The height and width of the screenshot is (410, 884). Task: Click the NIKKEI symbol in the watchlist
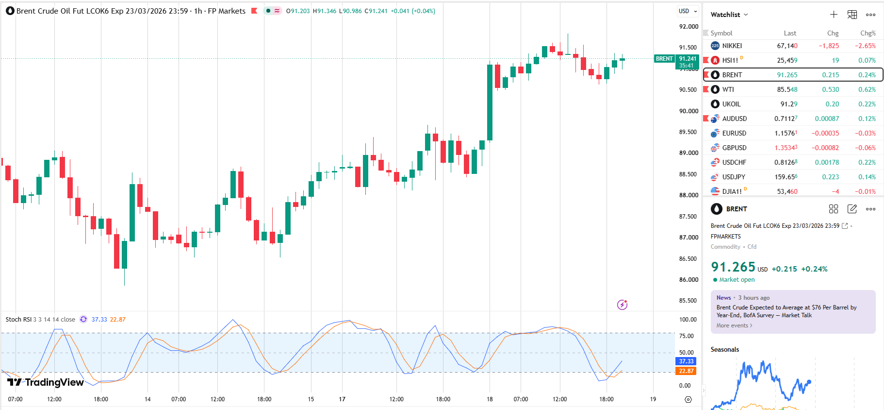(x=732, y=46)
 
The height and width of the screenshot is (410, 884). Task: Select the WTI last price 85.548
(x=787, y=89)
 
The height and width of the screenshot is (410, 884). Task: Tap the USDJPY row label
(x=734, y=177)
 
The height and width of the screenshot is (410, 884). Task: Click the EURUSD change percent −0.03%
(x=865, y=133)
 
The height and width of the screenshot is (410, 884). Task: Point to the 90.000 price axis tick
(x=688, y=111)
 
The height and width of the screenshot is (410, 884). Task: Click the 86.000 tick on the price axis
(x=688, y=280)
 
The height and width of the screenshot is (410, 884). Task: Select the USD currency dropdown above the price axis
(x=688, y=11)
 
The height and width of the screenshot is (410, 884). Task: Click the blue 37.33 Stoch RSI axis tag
(x=686, y=361)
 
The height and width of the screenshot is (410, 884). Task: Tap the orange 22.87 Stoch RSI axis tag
(x=686, y=371)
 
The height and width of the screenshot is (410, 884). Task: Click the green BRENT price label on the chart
(x=664, y=59)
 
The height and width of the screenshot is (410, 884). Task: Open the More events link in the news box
(x=734, y=325)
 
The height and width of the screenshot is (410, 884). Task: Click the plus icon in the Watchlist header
(x=834, y=15)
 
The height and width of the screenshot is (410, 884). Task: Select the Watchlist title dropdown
(x=729, y=15)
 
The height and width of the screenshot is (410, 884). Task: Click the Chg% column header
(x=868, y=33)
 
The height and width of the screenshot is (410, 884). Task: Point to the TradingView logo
(x=46, y=382)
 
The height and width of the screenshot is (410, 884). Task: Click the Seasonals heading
(x=725, y=349)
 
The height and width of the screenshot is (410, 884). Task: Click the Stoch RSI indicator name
(x=18, y=320)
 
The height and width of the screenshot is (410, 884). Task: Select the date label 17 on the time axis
(x=342, y=399)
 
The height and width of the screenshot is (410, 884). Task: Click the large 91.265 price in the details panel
(x=733, y=267)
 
